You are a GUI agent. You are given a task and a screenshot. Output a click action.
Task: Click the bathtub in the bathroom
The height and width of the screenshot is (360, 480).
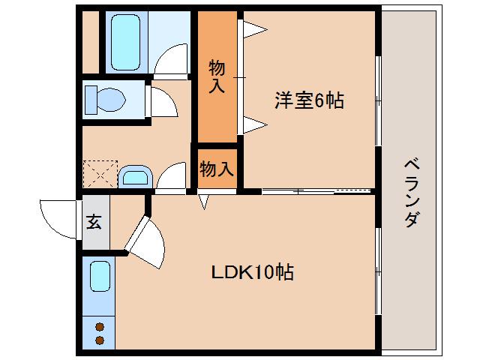[x=127, y=41]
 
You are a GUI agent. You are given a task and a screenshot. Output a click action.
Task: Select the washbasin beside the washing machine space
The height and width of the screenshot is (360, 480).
[x=135, y=178]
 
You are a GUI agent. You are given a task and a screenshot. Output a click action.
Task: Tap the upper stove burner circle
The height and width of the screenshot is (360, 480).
[x=99, y=326]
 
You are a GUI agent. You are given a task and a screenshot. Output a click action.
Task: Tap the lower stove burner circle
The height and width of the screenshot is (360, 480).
[x=99, y=341]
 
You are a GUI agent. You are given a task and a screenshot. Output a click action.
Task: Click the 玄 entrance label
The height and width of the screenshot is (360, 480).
[x=94, y=223]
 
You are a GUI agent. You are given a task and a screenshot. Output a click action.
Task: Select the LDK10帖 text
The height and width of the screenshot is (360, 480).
[x=250, y=271]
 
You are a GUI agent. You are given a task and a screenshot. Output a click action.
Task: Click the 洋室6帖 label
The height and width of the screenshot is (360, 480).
[x=308, y=100]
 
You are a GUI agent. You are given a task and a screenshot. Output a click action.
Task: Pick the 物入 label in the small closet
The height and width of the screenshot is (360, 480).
[x=217, y=169]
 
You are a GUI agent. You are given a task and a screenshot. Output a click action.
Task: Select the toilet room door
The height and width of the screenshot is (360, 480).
[x=161, y=101]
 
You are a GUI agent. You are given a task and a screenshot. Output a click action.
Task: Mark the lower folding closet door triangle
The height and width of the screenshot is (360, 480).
[x=253, y=122]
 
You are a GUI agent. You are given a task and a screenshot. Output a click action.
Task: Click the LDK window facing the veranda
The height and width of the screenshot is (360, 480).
[x=377, y=271]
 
